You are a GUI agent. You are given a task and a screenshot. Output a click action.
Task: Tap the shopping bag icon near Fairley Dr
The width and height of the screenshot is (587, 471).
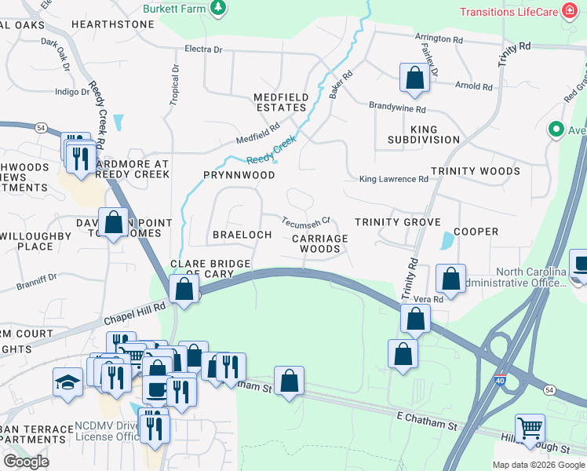414,78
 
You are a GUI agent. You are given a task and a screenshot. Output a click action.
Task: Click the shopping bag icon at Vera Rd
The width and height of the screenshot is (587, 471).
450,278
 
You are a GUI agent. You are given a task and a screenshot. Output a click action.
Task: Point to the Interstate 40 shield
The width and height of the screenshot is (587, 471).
501,381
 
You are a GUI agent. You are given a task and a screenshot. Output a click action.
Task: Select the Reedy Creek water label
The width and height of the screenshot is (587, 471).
272,149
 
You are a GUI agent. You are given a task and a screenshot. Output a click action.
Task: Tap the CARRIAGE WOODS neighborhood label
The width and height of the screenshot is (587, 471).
320,243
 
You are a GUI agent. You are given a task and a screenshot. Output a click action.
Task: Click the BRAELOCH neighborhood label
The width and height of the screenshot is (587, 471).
242,235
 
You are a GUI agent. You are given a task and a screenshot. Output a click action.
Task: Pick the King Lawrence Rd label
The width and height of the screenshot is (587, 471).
393,179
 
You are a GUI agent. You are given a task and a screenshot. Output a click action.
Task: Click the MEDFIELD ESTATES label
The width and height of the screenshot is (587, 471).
280,102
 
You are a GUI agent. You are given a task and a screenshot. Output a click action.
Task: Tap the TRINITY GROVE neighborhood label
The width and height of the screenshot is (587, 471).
397,222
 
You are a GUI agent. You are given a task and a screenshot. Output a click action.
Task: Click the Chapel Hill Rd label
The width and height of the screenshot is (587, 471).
135,315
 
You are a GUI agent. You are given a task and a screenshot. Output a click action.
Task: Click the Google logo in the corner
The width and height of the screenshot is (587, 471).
26,462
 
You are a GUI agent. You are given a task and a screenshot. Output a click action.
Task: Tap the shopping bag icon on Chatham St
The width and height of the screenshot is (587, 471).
289,381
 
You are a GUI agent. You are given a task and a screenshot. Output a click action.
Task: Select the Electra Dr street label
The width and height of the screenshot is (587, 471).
203,49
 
